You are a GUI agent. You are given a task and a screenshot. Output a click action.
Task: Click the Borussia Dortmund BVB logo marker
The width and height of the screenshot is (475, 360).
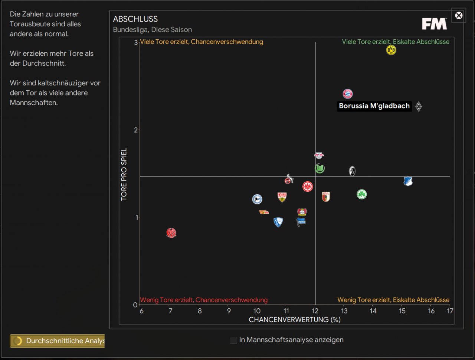tap(391, 50)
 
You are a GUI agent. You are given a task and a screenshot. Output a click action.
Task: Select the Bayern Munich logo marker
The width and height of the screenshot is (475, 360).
tap(348, 94)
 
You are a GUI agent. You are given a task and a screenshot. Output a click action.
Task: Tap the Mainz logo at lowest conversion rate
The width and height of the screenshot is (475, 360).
tap(171, 233)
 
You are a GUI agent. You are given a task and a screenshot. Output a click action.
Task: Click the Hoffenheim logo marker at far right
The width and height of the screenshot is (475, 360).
tap(408, 181)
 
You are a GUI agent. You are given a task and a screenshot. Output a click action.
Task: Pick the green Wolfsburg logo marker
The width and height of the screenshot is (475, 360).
tap(320, 168)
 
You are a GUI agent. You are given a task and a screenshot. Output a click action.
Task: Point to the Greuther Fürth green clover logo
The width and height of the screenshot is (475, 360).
tap(362, 194)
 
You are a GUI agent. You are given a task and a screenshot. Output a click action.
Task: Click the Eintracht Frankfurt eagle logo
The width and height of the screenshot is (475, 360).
tap(308, 187)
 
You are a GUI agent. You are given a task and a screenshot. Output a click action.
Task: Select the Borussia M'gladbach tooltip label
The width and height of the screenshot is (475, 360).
tap(374, 106)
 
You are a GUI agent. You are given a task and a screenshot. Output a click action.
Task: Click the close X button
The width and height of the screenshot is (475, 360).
tap(459, 16)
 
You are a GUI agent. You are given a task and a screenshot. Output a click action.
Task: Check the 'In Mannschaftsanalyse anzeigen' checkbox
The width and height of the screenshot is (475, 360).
tap(233, 340)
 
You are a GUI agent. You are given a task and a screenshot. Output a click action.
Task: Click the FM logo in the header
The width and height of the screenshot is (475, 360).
tap(435, 24)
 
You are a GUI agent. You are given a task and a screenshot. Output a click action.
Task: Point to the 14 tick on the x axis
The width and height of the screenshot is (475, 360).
tap(373, 311)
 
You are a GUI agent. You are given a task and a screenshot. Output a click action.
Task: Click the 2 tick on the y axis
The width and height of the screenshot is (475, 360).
tap(135, 130)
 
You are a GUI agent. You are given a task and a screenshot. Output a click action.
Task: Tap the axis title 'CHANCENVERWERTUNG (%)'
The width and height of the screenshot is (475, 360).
tap(295, 320)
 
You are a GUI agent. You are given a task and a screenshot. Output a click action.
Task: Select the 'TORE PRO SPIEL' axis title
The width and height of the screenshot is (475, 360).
tap(124, 174)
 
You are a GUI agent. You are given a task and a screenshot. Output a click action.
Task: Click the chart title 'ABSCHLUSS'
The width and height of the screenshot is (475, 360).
tap(135, 19)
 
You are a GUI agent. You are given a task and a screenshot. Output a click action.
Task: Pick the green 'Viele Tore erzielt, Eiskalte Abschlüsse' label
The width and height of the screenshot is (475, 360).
tap(396, 42)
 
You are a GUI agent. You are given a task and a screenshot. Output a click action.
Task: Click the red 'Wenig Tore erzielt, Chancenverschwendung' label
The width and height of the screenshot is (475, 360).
tap(204, 300)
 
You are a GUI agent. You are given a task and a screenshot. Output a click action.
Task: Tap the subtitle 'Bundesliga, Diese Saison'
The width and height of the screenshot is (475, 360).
tap(153, 30)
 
